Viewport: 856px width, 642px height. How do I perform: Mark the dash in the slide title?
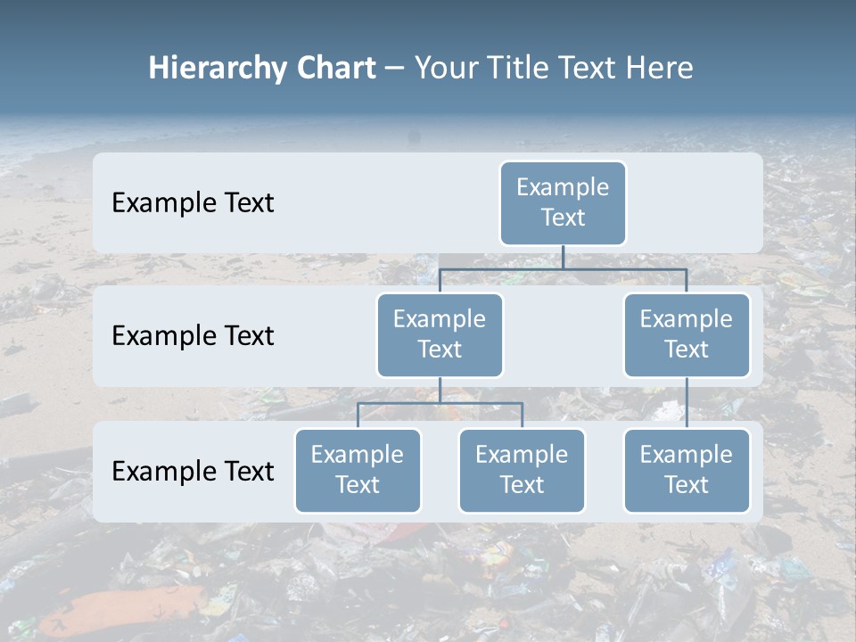click(x=395, y=70)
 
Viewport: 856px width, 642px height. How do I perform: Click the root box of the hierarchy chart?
click(x=563, y=203)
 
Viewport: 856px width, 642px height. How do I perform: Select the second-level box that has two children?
click(x=440, y=335)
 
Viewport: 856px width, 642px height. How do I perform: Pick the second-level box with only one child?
click(x=687, y=335)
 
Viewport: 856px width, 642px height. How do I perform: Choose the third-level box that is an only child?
click(x=687, y=471)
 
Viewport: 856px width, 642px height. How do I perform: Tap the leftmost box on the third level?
click(x=358, y=471)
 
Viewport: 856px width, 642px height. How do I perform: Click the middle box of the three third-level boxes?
click(x=522, y=471)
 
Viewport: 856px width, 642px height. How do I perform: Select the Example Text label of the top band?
click(x=193, y=203)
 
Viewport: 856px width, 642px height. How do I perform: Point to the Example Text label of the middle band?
click(x=193, y=336)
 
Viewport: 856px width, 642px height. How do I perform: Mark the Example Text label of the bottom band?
click(x=193, y=471)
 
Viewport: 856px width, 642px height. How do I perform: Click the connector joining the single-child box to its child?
click(x=687, y=403)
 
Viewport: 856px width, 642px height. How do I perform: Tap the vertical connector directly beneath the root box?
click(x=563, y=257)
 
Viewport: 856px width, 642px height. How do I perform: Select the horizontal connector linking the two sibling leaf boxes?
click(x=440, y=403)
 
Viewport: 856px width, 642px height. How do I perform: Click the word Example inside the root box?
click(x=563, y=187)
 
